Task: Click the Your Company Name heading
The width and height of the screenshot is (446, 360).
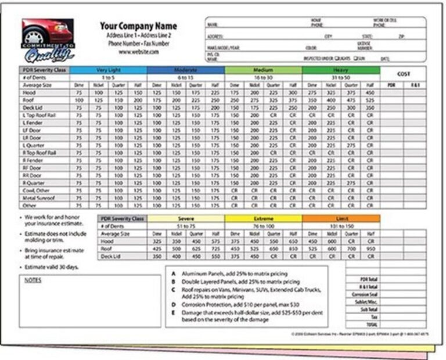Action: tap(138, 26)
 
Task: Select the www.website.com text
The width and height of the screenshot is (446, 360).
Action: tap(138, 52)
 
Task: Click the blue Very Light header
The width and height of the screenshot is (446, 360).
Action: tap(109, 70)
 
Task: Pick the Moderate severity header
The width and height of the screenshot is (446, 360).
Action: tap(186, 70)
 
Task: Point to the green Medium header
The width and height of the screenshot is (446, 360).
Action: tap(263, 70)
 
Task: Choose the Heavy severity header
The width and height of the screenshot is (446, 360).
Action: tap(341, 70)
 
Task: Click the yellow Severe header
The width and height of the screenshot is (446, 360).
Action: tap(186, 218)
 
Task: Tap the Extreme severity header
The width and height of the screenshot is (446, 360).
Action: tap(263, 218)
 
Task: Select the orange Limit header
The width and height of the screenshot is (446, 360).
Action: tap(341, 218)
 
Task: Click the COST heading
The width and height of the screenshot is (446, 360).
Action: tap(403, 74)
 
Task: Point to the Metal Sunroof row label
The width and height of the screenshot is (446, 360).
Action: tap(39, 197)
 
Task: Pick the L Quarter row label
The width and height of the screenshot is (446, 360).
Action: tap(35, 145)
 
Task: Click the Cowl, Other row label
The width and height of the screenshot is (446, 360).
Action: tap(37, 190)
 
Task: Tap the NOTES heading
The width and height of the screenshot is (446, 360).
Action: tap(35, 279)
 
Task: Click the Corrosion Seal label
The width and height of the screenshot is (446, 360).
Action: tap(366, 295)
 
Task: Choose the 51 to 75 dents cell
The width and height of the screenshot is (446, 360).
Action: tap(186, 226)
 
